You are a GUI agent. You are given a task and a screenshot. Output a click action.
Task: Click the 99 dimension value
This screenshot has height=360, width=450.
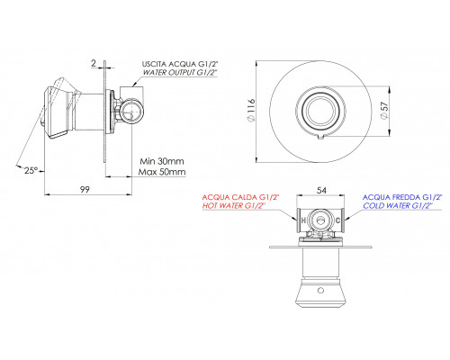85,189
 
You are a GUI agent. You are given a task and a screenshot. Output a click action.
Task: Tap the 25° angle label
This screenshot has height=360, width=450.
31,171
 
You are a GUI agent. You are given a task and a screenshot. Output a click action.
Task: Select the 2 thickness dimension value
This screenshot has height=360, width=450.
94,63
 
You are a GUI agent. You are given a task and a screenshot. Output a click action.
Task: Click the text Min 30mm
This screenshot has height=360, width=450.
162,161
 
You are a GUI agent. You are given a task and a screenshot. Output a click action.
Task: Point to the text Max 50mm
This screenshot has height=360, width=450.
162,172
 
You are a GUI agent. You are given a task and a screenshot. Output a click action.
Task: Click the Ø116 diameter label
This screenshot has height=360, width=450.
251,110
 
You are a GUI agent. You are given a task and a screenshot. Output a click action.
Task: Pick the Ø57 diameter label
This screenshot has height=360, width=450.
384,111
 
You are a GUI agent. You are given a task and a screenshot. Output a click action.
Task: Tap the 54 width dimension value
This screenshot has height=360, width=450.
321,190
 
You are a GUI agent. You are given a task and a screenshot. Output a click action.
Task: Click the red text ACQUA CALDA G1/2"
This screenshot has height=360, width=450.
240,197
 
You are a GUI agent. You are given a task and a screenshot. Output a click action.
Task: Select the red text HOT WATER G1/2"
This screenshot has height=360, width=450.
234,205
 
